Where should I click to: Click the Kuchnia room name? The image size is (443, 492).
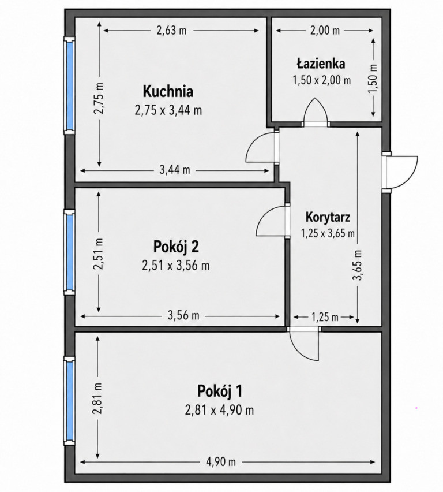click(x=168, y=92)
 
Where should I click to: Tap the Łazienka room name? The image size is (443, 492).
click(x=321, y=64)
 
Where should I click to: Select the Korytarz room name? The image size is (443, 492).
click(x=328, y=217)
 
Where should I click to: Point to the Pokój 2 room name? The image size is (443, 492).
click(x=176, y=247)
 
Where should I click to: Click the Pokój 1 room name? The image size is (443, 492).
click(x=220, y=392)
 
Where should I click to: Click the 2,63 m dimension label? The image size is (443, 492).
click(x=171, y=31)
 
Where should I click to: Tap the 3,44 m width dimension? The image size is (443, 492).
click(x=175, y=170)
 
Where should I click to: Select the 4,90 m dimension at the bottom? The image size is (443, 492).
click(x=221, y=462)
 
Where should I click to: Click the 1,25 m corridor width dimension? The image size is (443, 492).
click(x=325, y=317)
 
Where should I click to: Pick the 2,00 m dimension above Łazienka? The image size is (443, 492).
click(x=325, y=31)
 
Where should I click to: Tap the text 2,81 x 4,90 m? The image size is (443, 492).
click(x=219, y=410)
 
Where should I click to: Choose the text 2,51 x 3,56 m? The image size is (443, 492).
click(x=176, y=266)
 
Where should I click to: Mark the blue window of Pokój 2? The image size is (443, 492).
click(x=70, y=252)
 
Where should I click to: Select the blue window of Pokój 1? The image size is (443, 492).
click(x=70, y=401)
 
